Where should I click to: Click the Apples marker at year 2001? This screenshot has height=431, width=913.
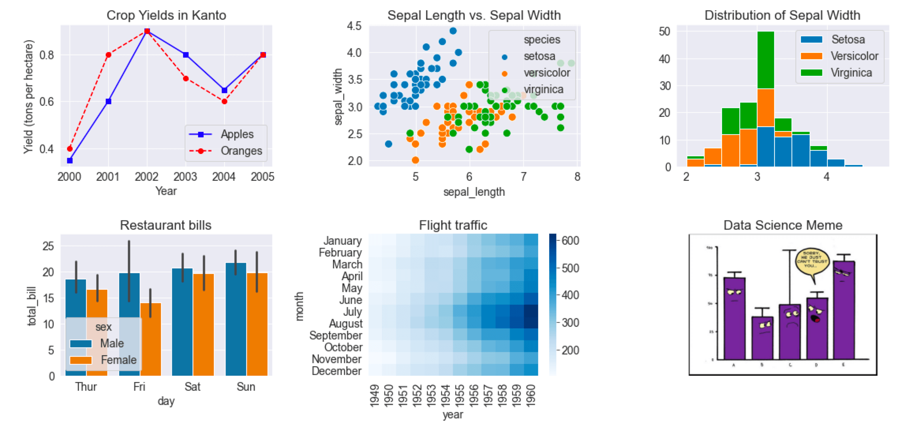(109, 101)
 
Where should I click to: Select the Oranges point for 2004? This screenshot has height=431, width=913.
(225, 101)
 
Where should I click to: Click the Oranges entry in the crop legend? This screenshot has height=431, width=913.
(241, 151)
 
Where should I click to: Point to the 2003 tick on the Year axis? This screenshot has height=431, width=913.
(185, 177)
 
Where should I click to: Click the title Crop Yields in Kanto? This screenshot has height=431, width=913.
(166, 15)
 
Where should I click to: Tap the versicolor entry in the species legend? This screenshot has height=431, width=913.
(546, 73)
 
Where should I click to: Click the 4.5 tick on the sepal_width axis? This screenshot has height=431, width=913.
(354, 26)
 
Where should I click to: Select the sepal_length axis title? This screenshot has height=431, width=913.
(474, 192)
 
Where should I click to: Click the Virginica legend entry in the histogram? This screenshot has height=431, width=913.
(851, 73)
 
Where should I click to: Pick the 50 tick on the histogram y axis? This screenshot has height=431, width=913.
(664, 32)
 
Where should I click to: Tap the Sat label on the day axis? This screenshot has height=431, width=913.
(192, 386)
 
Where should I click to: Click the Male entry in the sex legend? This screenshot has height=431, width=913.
(112, 343)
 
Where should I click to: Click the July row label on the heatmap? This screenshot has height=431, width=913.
(352, 312)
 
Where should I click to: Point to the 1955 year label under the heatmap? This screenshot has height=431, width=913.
(460, 395)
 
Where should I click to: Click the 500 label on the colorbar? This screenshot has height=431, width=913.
(570, 268)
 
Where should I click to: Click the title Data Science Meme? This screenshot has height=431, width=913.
(783, 225)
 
